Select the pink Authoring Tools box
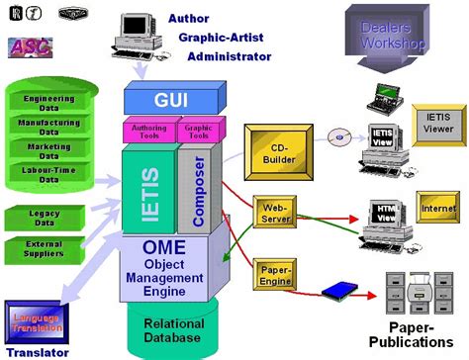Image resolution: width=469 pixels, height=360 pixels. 148,132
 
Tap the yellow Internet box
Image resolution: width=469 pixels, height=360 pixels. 437,209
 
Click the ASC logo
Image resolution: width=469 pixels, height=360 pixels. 32,46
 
